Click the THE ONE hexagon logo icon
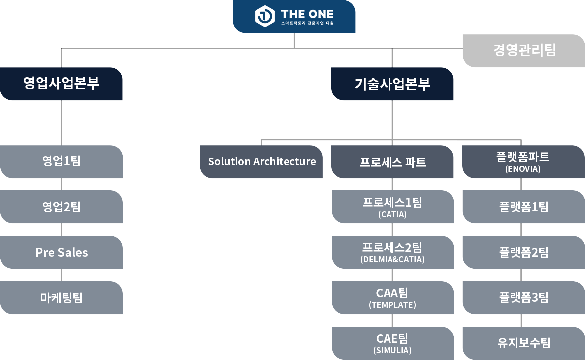pos(265,16)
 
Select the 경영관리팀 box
pos(523,50)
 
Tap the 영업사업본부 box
pos(61,84)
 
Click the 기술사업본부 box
pos(392,84)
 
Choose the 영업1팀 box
pos(61,162)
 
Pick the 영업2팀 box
pos(61,207)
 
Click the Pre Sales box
pos(61,252)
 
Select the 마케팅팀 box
pos(61,298)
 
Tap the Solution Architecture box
pos(262,162)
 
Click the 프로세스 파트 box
pos(392,162)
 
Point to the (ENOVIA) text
pos(523,169)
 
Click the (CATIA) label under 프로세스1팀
pos(392,215)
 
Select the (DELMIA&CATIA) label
pos(392,260)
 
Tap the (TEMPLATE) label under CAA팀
pos(392,305)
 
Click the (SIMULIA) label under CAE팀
pos(392,350)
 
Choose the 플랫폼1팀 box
pos(523,207)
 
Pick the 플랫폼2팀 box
pos(523,252)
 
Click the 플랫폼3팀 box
pos(523,298)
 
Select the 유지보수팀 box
pos(523,343)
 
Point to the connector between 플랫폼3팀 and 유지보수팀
pos(521,320)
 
